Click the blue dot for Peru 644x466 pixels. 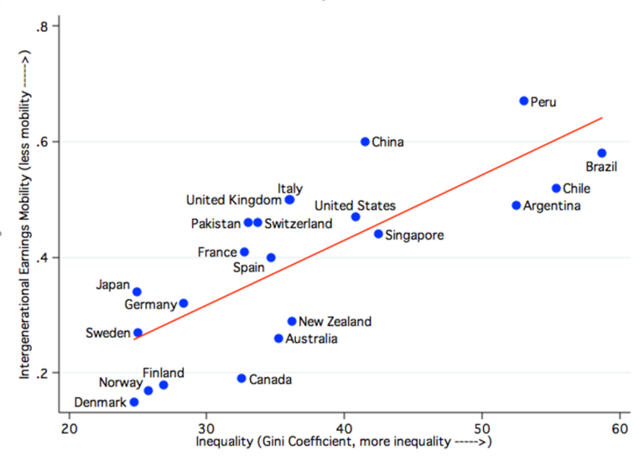(x=524, y=101)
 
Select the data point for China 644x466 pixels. (x=365, y=142)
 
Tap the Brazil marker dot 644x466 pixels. (x=602, y=153)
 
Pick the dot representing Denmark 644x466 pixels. (x=134, y=402)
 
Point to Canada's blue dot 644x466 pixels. (x=241, y=378)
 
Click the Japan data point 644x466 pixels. (x=138, y=292)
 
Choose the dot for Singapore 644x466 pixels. (x=378, y=234)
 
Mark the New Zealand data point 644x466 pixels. (x=292, y=321)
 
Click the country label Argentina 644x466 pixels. (x=552, y=205)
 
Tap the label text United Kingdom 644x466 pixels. (x=233, y=200)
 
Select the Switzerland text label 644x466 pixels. (x=298, y=223)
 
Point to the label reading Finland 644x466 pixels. (x=164, y=373)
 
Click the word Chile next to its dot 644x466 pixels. (x=577, y=189)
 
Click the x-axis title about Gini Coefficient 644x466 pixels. (x=343, y=442)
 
